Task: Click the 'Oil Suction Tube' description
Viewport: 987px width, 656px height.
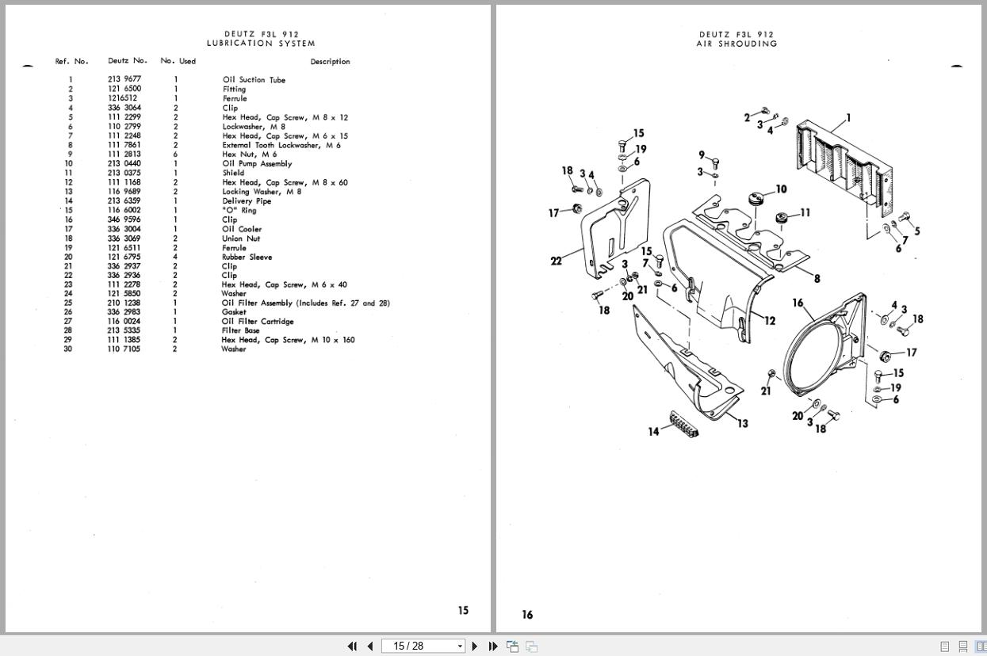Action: pos(254,80)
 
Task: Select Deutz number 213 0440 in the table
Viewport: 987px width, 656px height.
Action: pos(124,164)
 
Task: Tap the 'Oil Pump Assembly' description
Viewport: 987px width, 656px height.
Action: pos(257,164)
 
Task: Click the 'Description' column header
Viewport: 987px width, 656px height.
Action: pos(330,62)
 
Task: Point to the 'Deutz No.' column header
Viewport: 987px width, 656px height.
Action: pos(128,61)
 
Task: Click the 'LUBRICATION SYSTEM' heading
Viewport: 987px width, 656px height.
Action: pos(261,44)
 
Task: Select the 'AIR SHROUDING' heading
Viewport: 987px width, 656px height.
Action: pos(736,44)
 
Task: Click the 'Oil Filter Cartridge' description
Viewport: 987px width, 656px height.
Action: pos(258,322)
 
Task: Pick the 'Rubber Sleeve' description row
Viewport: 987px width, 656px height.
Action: pos(247,257)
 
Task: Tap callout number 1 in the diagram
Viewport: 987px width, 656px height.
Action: pos(848,118)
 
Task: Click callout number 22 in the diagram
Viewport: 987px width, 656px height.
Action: pos(556,261)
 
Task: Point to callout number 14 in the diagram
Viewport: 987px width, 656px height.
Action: pos(653,432)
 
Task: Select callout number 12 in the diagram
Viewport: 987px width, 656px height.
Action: pos(769,321)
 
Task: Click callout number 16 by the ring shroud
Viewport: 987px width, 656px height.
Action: pos(798,303)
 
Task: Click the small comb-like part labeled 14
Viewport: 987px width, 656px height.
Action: pos(683,425)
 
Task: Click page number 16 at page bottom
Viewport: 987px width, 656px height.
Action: pos(527,615)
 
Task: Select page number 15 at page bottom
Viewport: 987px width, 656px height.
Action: pos(463,611)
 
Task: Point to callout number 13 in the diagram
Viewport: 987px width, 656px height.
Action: pos(742,423)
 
